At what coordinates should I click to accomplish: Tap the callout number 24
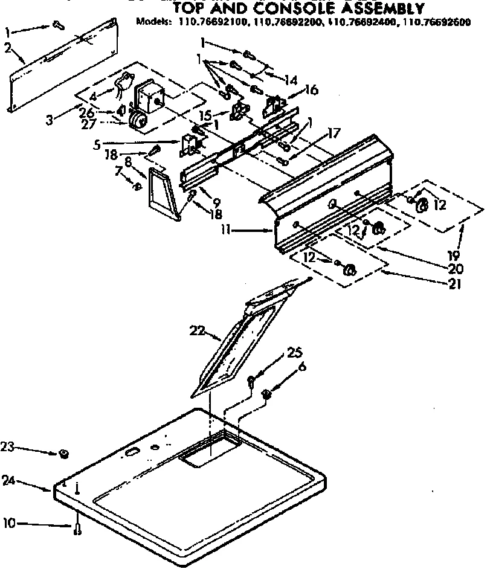8,481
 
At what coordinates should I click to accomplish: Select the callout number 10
8,524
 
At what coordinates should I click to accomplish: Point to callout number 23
7,447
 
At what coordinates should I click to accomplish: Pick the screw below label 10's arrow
78,530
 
